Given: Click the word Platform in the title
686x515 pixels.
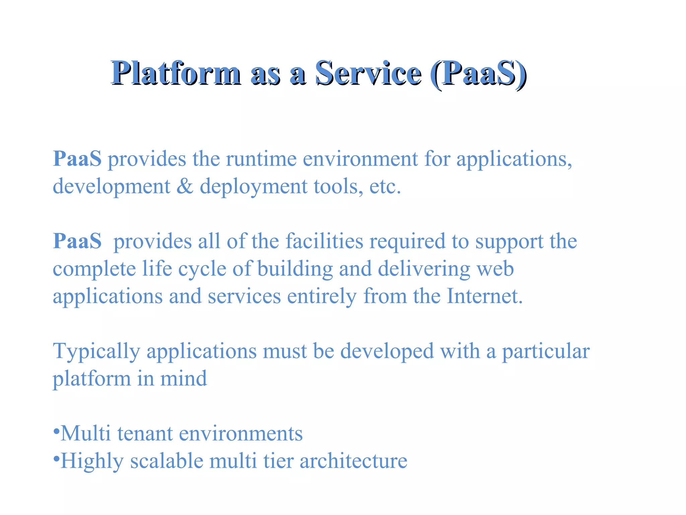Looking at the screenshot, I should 176,73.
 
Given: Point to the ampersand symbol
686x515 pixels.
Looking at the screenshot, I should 185,186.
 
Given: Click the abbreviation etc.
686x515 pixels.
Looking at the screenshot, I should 385,186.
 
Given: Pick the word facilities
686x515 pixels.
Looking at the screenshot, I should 324,241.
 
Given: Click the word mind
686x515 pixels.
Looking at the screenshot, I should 184,379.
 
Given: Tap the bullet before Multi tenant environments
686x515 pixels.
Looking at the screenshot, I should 56,430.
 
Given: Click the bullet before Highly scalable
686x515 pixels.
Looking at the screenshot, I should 56,458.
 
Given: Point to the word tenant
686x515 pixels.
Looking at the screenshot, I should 145,434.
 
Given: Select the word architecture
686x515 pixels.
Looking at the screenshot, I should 353,461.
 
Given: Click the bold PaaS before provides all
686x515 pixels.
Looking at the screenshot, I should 77,241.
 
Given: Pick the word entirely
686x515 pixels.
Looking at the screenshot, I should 322,297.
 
